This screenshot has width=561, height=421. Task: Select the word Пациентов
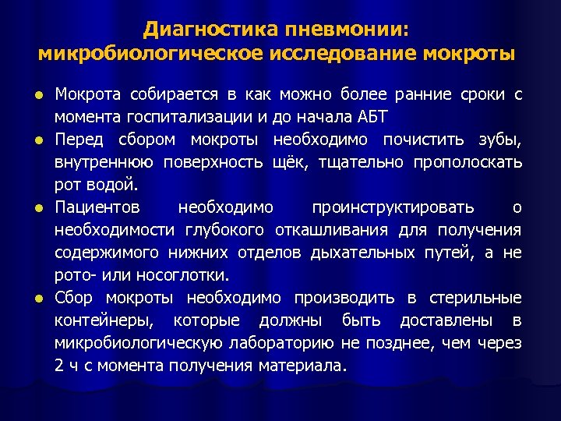[x=97, y=207]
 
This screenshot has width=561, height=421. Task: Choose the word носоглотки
[x=189, y=275]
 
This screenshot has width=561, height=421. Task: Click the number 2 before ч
[x=59, y=366]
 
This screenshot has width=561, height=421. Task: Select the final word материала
[x=302, y=366]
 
